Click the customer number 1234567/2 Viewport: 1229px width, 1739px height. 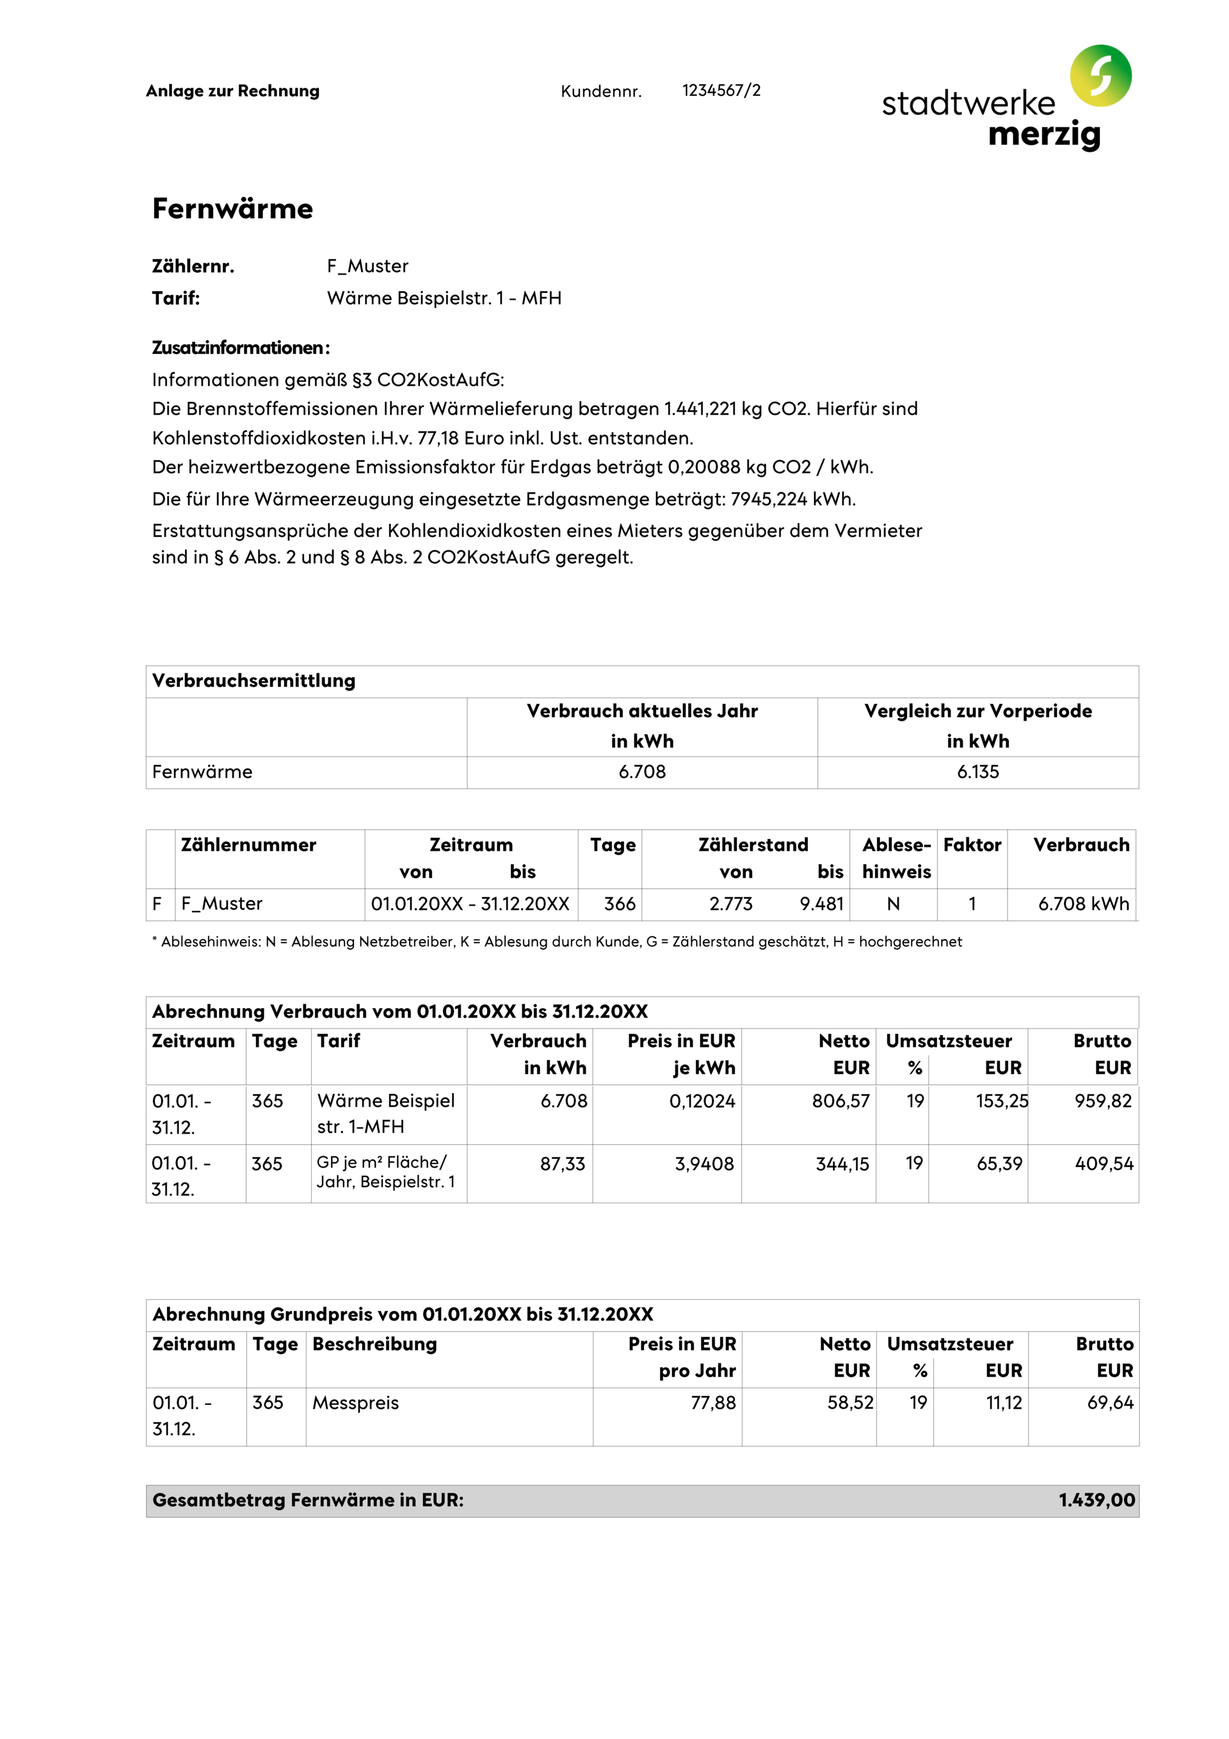(721, 91)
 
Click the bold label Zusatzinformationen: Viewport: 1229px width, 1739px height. (240, 348)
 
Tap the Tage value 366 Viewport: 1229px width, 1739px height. (619, 904)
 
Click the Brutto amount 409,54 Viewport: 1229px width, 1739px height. (1104, 1164)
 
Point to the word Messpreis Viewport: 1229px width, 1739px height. (355, 1403)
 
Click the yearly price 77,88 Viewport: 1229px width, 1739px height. (712, 1403)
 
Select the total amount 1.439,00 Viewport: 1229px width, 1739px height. (1096, 1500)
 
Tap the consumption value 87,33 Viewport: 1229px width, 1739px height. (562, 1164)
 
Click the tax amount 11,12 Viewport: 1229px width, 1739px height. (1003, 1403)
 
